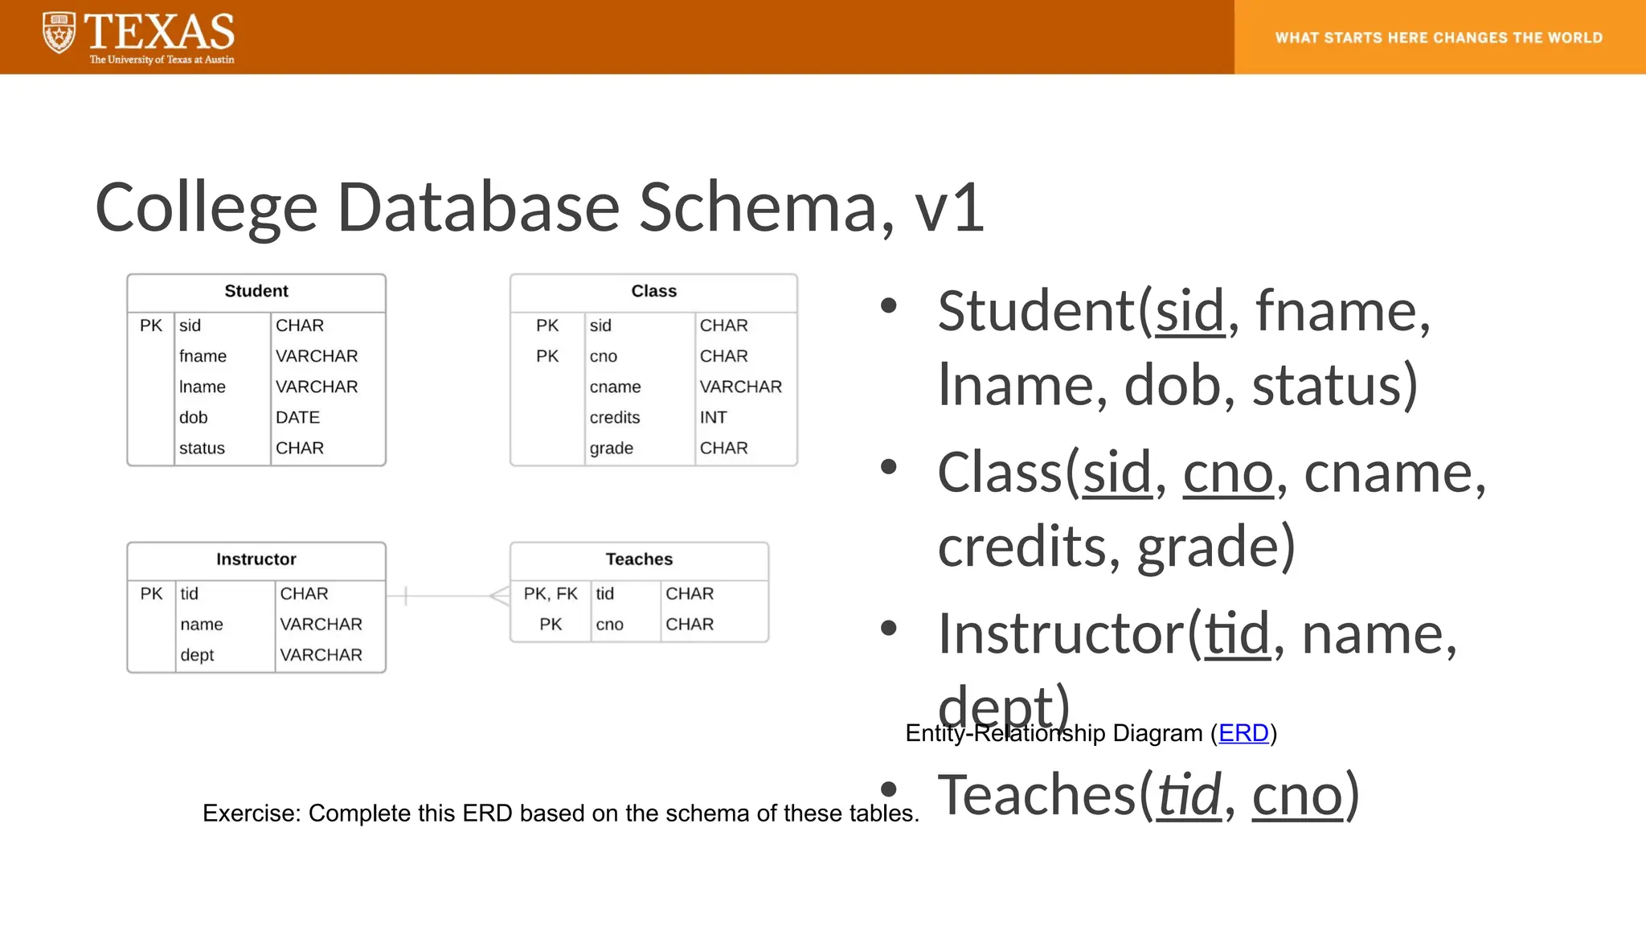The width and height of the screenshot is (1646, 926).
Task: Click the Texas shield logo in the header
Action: pyautogui.click(x=59, y=33)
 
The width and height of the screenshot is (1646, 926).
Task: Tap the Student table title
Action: pyautogui.click(x=256, y=291)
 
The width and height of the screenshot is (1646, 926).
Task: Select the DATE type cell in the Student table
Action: pyautogui.click(x=297, y=417)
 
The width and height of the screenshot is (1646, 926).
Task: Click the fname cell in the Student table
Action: pyautogui.click(x=203, y=356)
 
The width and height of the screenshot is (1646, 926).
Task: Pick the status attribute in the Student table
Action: pyautogui.click(x=202, y=448)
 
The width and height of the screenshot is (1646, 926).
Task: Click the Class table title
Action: pyautogui.click(x=653, y=291)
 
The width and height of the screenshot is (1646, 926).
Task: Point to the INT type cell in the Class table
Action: pyautogui.click(x=713, y=417)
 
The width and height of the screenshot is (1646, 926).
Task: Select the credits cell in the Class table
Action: pyautogui.click(x=615, y=417)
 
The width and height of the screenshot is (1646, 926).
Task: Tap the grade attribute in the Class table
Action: pyautogui.click(x=611, y=448)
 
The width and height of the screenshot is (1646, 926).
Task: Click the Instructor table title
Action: pyautogui.click(x=256, y=559)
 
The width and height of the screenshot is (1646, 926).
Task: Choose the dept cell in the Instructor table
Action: pyautogui.click(x=197, y=655)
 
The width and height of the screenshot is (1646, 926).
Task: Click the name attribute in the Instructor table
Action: pyautogui.click(x=202, y=625)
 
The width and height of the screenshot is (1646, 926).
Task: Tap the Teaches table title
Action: pyautogui.click(x=639, y=559)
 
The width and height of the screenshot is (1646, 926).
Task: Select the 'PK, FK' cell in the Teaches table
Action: pyautogui.click(x=551, y=594)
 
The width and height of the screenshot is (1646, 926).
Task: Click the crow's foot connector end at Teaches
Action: pyautogui.click(x=500, y=596)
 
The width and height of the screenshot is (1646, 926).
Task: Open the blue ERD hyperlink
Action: pyautogui.click(x=1243, y=733)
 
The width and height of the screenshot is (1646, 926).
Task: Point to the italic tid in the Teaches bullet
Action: pyautogui.click(x=1189, y=795)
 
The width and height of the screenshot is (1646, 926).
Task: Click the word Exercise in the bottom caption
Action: pyautogui.click(x=251, y=813)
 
